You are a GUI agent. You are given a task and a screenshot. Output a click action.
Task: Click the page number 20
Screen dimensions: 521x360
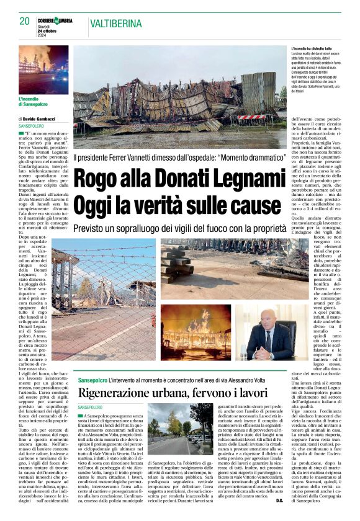tap(25, 21)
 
